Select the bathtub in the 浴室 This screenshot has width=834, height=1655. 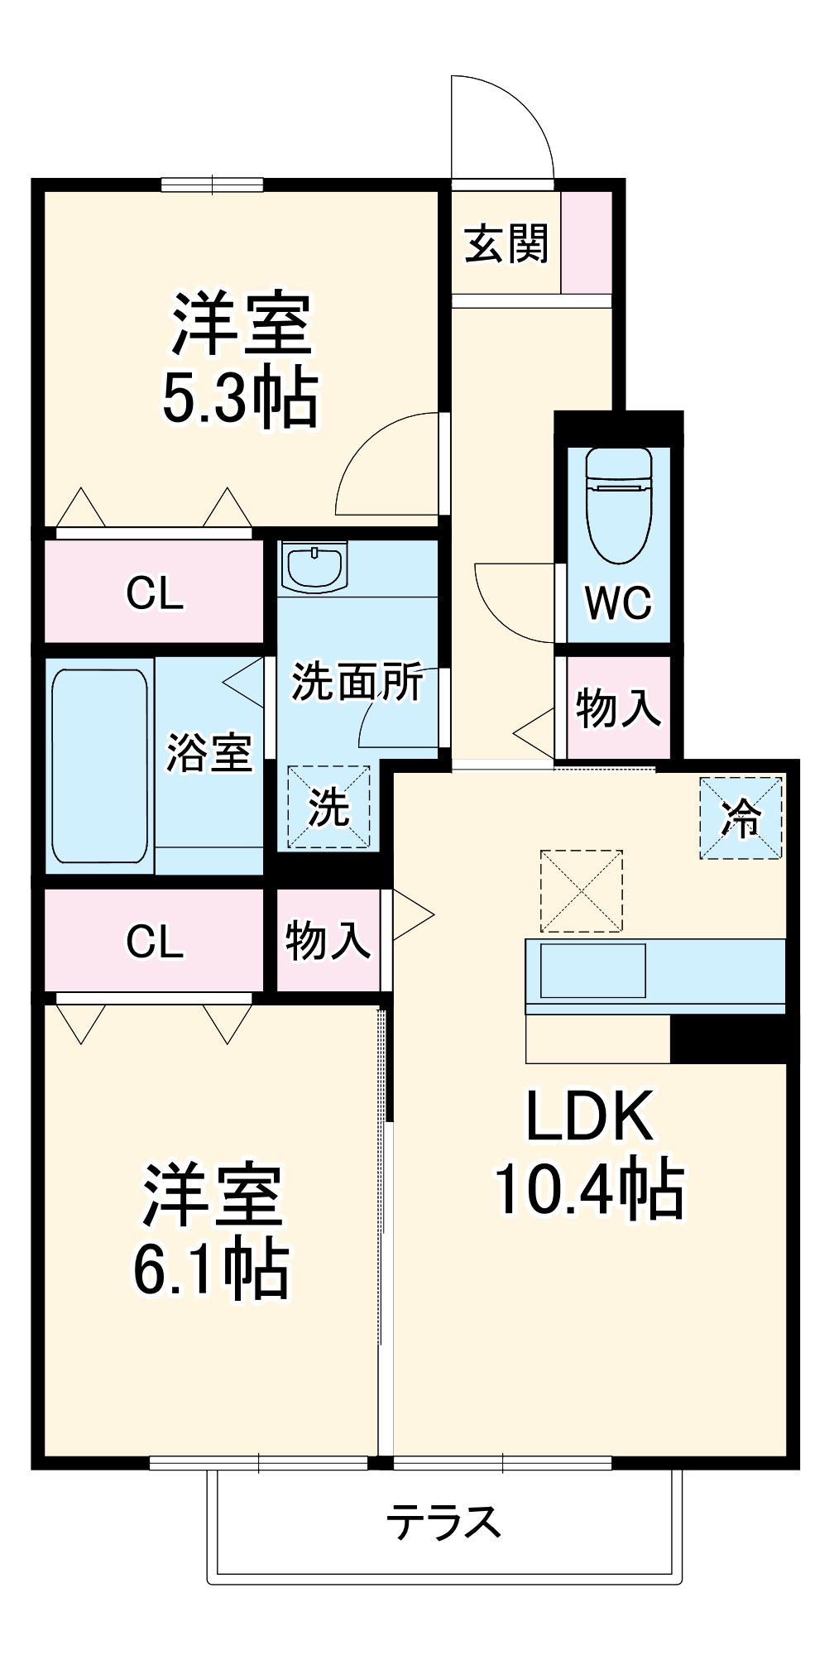(x=99, y=765)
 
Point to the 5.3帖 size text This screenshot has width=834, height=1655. (x=240, y=399)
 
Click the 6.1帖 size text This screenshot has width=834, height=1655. (x=211, y=1268)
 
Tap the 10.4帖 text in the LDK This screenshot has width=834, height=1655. (x=589, y=1190)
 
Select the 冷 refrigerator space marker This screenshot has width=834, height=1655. (x=741, y=818)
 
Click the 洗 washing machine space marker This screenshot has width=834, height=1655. (x=328, y=807)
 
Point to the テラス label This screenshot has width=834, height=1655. (x=444, y=1521)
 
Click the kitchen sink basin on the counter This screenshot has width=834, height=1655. (x=592, y=970)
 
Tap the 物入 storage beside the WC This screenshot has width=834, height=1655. (x=618, y=708)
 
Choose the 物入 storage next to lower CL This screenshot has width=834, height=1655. (x=328, y=941)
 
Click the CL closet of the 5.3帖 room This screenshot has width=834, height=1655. (x=155, y=592)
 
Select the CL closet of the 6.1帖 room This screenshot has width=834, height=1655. (x=155, y=941)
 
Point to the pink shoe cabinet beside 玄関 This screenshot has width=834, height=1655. (x=587, y=241)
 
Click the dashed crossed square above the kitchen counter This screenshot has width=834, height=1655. (x=581, y=890)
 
